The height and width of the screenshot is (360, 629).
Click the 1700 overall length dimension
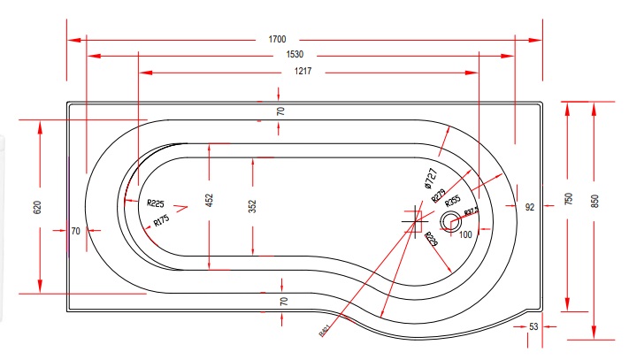pyautogui.click(x=277, y=39)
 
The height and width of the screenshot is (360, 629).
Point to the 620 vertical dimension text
pyautogui.click(x=37, y=208)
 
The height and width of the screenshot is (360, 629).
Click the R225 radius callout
pyautogui.click(x=159, y=203)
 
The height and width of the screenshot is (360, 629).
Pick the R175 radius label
pyautogui.click(x=161, y=220)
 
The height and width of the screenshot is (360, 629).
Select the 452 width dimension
pyautogui.click(x=210, y=202)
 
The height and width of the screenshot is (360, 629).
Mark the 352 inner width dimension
pyautogui.click(x=253, y=206)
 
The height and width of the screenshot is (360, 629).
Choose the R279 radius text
pyautogui.click(x=438, y=195)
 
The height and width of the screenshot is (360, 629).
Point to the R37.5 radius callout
pyautogui.click(x=471, y=211)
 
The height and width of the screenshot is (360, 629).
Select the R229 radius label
pyautogui.click(x=432, y=239)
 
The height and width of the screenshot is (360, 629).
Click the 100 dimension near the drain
pyautogui.click(x=466, y=234)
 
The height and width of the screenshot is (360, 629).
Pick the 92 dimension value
pyautogui.click(x=530, y=207)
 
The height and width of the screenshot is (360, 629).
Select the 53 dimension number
pyautogui.click(x=533, y=327)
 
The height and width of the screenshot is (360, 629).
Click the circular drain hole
pyautogui.click(x=451, y=222)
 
